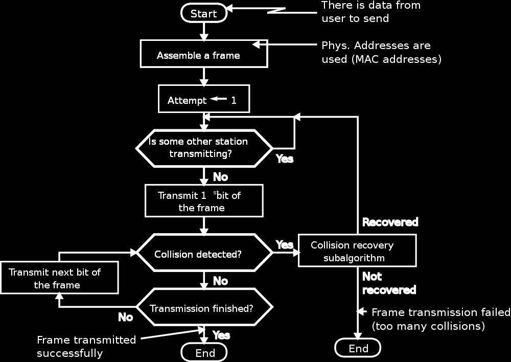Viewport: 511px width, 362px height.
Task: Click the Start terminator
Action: (204, 13)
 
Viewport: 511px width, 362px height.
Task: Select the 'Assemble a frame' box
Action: (204, 54)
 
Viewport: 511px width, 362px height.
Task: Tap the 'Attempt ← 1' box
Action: (204, 99)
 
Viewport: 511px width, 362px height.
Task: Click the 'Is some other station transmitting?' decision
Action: (204, 148)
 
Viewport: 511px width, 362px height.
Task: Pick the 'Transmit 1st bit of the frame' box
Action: (204, 201)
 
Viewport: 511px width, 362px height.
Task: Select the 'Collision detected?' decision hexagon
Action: (204, 253)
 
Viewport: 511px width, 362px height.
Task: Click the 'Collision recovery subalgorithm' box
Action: (358, 251)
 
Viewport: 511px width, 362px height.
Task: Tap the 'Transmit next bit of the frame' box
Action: (59, 278)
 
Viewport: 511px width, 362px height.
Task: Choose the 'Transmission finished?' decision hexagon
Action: (204, 307)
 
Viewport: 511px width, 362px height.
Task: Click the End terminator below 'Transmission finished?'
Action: (204, 353)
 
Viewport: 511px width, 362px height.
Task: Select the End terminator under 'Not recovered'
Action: (358, 348)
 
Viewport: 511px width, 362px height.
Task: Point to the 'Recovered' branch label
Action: (390, 222)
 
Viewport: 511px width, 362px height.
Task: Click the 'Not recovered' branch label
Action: (389, 283)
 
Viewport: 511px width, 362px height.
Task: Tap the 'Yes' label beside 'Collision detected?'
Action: (285, 244)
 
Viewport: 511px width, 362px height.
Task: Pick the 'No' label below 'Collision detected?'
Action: (220, 281)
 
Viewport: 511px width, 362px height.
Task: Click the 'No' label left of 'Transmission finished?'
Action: (126, 317)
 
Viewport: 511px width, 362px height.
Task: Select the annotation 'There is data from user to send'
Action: (371, 12)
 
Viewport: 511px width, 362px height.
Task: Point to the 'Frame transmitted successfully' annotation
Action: (86, 346)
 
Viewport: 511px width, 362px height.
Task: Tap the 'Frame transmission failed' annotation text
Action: (441, 312)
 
